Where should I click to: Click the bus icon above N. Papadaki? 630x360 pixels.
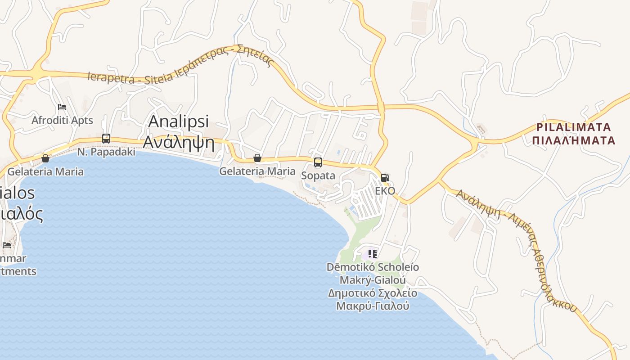click(x=106, y=139)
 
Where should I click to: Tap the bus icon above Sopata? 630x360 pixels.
click(x=318, y=162)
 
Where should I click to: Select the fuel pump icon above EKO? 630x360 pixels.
click(x=385, y=178)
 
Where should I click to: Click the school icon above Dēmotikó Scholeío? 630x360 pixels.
click(x=373, y=254)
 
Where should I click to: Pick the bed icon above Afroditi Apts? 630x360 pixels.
click(x=62, y=107)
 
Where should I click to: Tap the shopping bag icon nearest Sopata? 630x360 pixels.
click(x=257, y=158)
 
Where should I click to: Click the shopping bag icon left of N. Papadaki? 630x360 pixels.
click(x=45, y=158)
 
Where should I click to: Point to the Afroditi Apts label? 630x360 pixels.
click(x=62, y=121)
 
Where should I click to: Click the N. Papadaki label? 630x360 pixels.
click(x=106, y=152)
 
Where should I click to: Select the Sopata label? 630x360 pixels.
click(x=318, y=175)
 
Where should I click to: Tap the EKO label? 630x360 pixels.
click(x=385, y=191)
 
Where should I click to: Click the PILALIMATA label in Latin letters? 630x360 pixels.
click(x=574, y=127)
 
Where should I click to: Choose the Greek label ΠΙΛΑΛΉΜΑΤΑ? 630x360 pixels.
click(x=573, y=141)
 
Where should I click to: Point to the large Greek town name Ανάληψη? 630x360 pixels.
click(x=179, y=142)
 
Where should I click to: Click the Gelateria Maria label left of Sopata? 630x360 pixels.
click(x=257, y=171)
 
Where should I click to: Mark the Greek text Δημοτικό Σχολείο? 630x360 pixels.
click(x=373, y=294)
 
